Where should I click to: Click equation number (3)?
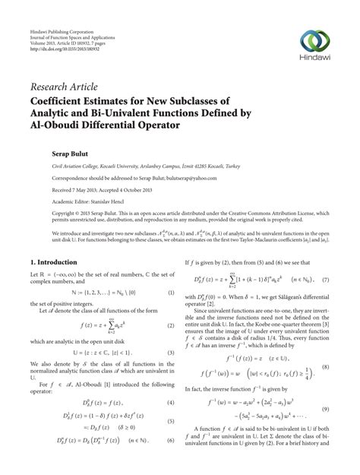[x=172, y=352]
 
